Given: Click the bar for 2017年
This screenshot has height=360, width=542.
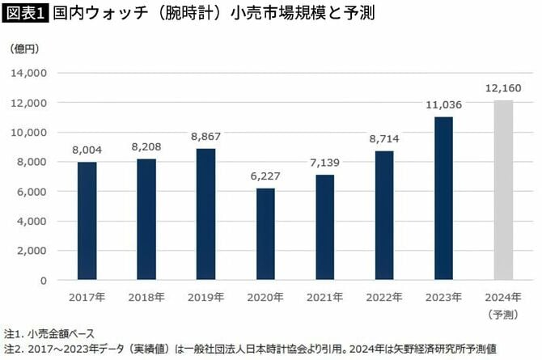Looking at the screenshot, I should (87, 221).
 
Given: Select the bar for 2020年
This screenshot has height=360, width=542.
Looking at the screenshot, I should (265, 234).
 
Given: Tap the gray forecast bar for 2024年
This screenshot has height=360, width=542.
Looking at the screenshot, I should (503, 190).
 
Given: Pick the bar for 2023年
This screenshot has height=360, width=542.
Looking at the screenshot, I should (443, 198).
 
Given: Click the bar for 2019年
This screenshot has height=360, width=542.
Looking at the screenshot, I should (205, 214).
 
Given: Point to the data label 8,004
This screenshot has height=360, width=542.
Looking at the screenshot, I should (87, 150).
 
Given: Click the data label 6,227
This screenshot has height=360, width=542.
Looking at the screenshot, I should (265, 176).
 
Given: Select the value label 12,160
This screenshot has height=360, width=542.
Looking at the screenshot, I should (503, 88).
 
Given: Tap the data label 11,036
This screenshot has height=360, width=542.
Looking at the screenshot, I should (443, 104).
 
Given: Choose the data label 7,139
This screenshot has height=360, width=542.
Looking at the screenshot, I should (324, 163).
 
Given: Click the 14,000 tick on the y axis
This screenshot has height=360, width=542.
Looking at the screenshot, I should (29, 73).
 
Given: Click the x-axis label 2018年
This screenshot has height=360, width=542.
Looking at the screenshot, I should (146, 296).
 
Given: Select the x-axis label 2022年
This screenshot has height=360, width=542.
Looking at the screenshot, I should (384, 296).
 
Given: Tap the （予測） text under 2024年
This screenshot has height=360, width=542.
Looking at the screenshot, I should (503, 312).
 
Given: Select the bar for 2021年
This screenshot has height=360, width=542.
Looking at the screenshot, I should (324, 227).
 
